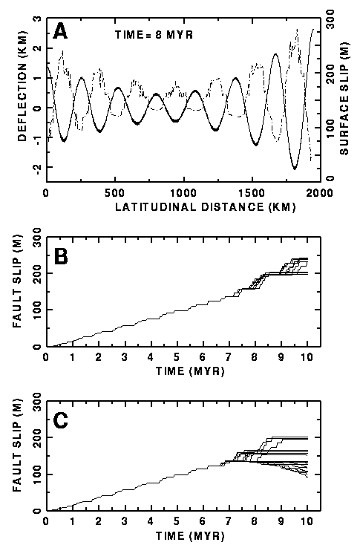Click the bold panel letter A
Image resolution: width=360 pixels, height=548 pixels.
pos(60,33)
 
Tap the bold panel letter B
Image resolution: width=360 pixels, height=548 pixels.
pos(60,256)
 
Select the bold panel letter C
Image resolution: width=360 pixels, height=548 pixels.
pos(60,420)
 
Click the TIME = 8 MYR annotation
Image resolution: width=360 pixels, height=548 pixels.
pos(154,35)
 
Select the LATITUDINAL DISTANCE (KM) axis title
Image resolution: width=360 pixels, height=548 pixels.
pos(206,206)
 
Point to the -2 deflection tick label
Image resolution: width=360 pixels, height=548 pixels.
pos(37,167)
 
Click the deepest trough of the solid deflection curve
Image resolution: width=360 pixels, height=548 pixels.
pos(294,169)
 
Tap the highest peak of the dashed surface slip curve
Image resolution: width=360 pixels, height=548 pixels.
pos(297,30)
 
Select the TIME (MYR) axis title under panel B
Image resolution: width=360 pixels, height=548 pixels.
pos(190,371)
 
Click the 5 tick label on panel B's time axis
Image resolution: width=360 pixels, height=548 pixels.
pos(177,357)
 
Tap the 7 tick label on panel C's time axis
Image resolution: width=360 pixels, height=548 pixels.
pos(229,521)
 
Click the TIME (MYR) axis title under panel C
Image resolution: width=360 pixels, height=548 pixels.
pos(190,535)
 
